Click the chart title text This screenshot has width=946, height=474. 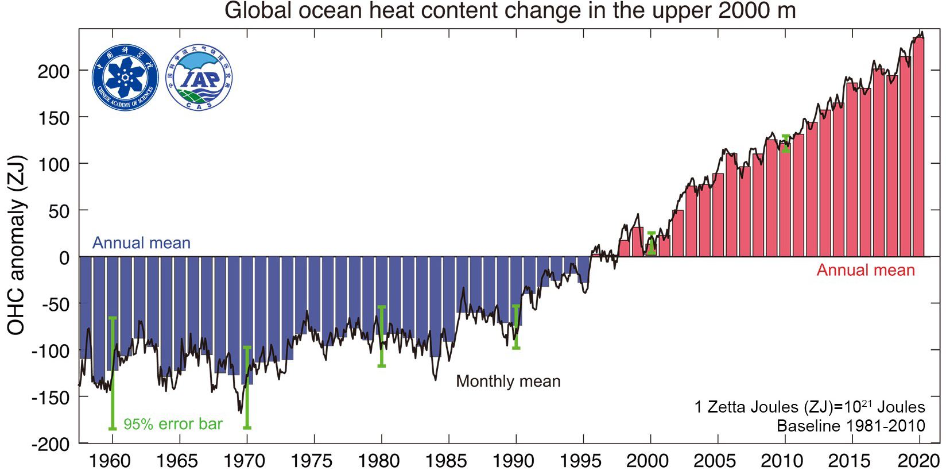coord(510,10)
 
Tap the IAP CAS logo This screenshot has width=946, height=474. coord(199,77)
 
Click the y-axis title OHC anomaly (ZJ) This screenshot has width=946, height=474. coord(17,245)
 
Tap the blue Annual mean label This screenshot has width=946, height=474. coord(141,243)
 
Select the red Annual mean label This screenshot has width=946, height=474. coord(866,270)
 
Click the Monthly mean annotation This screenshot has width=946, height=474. coord(508,381)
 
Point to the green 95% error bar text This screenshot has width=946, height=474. coord(173,425)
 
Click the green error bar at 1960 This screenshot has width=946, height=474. coord(113,373)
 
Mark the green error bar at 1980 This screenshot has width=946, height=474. coord(382,336)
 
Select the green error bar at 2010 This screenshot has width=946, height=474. coord(785,144)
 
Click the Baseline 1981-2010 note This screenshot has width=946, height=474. coord(851,426)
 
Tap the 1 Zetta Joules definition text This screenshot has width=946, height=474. coord(809,407)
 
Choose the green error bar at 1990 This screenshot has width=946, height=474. coord(516,327)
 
